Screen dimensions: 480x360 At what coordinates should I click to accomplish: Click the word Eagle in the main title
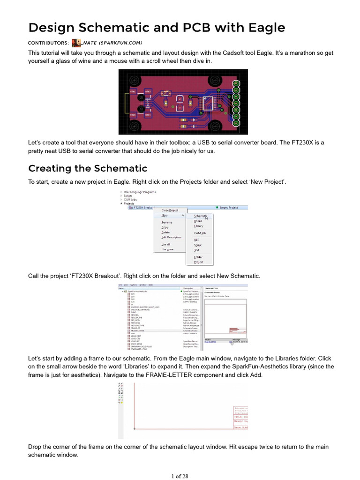(262, 27)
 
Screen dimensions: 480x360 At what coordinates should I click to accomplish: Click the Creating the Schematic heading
(88, 168)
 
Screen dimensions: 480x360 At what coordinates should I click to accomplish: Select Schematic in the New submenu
(200, 216)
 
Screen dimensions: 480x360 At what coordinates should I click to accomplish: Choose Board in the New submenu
(198, 221)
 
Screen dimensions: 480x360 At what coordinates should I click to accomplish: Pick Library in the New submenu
(199, 226)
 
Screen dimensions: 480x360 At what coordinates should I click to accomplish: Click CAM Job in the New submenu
(200, 233)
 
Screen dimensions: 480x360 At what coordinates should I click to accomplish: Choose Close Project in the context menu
(170, 210)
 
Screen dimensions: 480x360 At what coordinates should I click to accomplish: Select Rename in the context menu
(166, 222)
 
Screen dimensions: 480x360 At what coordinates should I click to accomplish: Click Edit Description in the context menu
(171, 237)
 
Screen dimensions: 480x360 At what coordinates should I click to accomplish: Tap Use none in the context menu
(167, 249)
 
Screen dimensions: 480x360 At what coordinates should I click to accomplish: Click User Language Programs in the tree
(140, 192)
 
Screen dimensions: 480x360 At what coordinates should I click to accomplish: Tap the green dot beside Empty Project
(217, 207)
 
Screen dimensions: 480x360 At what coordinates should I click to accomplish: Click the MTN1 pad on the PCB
(133, 91)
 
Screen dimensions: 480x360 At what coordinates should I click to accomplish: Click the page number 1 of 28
(180, 476)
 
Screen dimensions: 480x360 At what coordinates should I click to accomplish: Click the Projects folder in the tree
(128, 203)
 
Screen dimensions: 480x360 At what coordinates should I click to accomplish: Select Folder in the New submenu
(198, 257)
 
